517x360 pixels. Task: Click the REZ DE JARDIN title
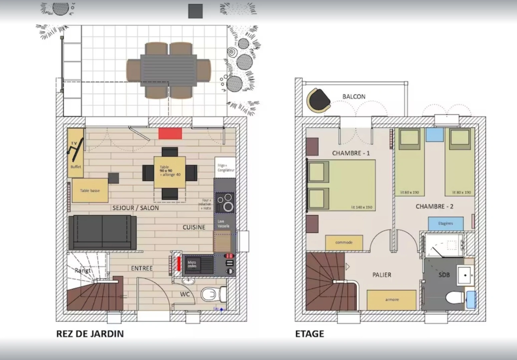coord(90,334)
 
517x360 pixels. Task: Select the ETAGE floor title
coord(309,334)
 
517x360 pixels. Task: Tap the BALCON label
coord(354,97)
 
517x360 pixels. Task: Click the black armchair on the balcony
coord(319,100)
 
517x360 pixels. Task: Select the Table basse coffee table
coord(90,191)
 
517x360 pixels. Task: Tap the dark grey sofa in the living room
coord(102,232)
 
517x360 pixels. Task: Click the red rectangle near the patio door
coord(170,134)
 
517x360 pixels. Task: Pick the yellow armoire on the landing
coord(392,300)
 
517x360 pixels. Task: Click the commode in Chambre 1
coord(344,242)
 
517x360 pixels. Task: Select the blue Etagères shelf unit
coord(446,223)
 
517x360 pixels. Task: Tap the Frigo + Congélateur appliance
coord(225,168)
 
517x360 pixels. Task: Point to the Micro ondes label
coord(192,264)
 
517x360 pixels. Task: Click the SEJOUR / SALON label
coord(135,208)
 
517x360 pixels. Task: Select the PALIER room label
coord(382,275)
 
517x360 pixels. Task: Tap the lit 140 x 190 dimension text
coord(362,207)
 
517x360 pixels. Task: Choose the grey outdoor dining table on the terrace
coord(168,70)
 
